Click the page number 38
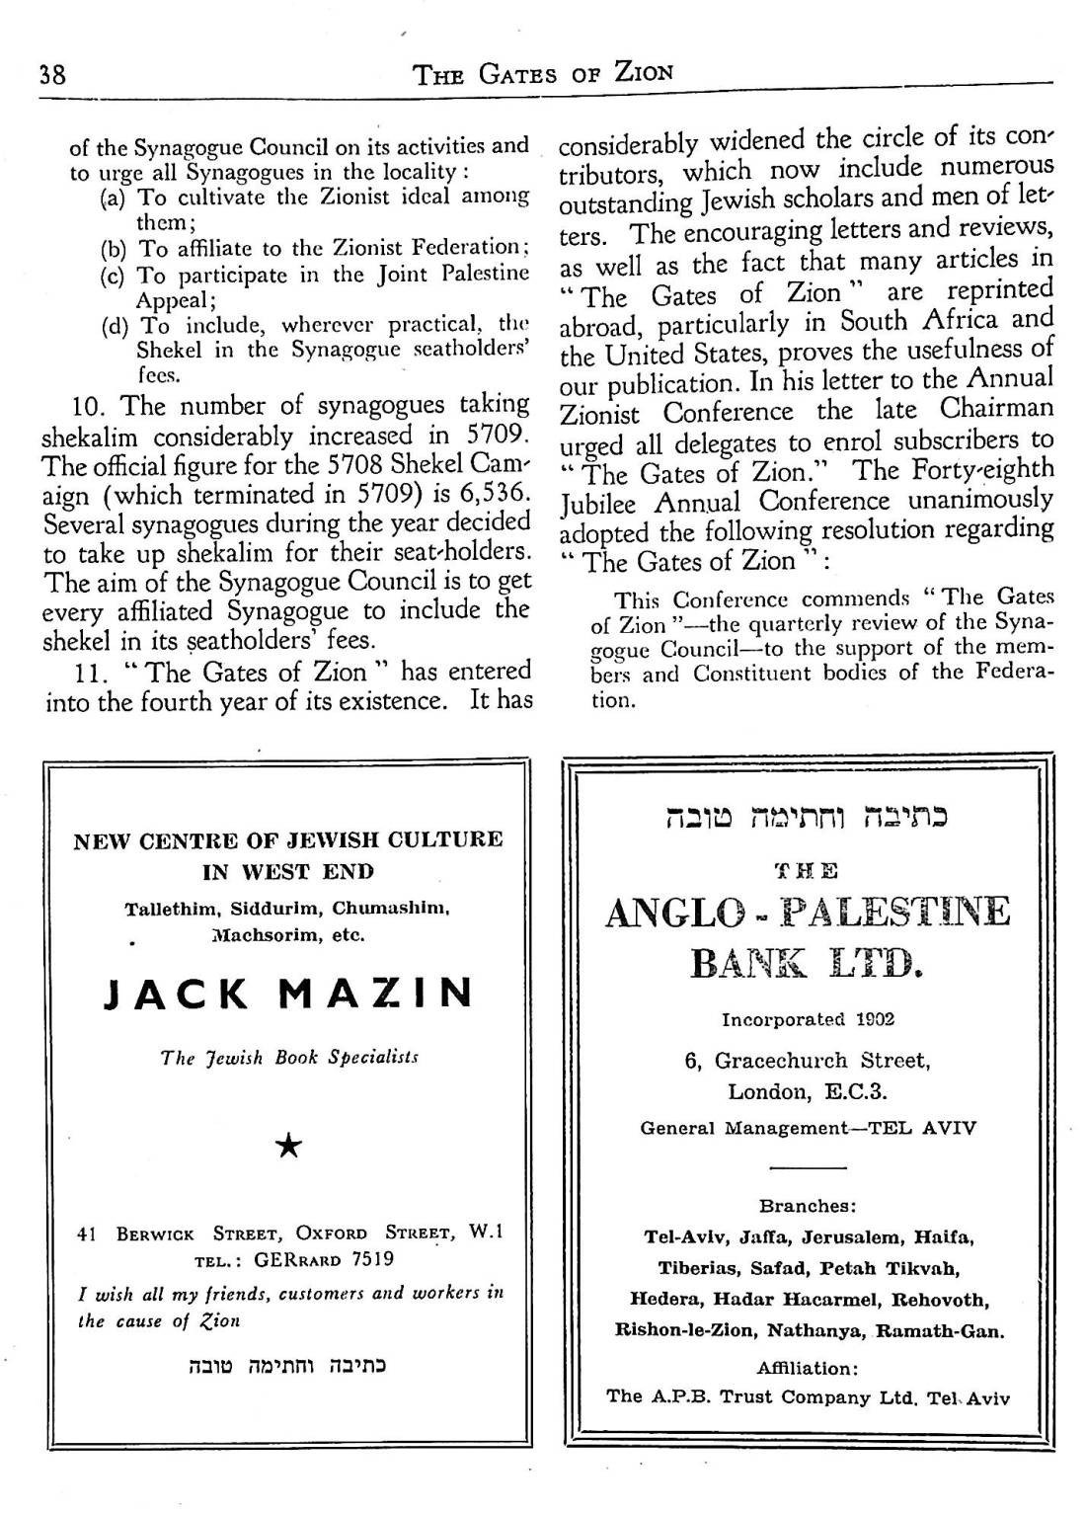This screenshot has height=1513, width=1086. pyautogui.click(x=51, y=74)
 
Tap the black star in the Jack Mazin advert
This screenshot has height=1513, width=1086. pyautogui.click(x=288, y=1146)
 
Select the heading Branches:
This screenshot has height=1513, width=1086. pyautogui.click(x=808, y=1206)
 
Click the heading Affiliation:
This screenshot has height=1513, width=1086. pyautogui.click(x=808, y=1369)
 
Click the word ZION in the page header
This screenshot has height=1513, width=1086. pyautogui.click(x=644, y=72)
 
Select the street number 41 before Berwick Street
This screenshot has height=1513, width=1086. pyautogui.click(x=86, y=1234)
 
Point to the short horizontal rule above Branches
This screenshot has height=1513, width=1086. pyautogui.click(x=808, y=1168)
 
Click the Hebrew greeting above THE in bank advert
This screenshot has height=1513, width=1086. pyautogui.click(x=808, y=819)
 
